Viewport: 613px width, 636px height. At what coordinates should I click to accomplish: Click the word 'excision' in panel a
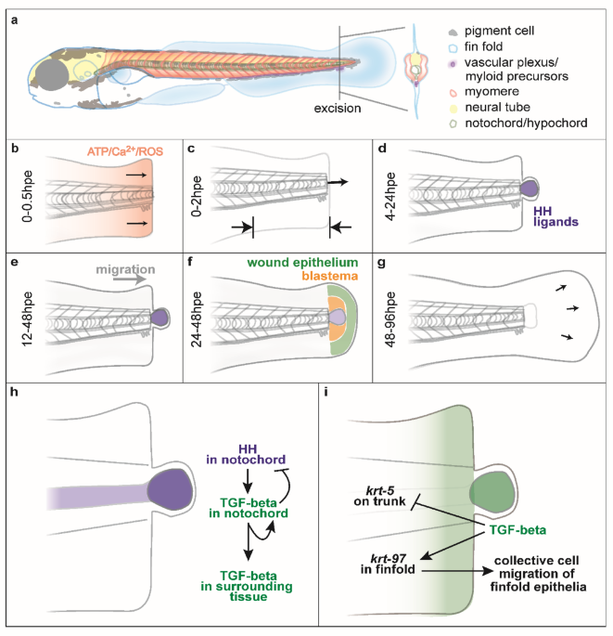pyautogui.click(x=338, y=109)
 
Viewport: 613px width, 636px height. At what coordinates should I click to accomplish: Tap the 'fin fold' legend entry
pyautogui.click(x=481, y=47)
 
